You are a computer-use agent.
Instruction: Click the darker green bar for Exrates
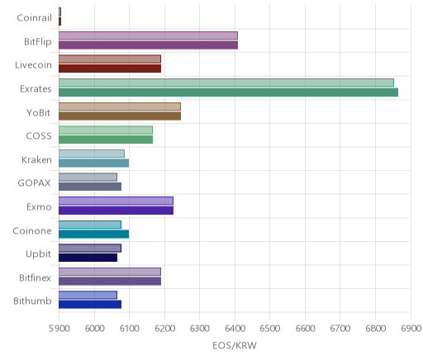tap(228, 92)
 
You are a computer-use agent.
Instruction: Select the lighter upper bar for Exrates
tap(226, 83)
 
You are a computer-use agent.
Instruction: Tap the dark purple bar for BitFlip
tap(148, 45)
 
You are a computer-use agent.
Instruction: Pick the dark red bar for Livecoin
tap(110, 69)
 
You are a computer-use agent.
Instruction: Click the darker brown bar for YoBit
tap(120, 116)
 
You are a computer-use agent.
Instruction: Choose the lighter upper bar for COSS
tap(106, 130)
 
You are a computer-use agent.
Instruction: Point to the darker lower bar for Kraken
tap(93, 163)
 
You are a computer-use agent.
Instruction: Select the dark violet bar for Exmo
tap(116, 211)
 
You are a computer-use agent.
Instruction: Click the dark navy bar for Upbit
tap(88, 258)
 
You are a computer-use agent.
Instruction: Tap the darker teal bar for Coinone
tap(93, 234)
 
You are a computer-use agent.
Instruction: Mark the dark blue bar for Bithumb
tap(90, 305)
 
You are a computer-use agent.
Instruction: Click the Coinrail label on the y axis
tap(34, 18)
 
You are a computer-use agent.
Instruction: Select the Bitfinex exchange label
tap(35, 277)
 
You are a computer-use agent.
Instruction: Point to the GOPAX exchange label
tap(34, 183)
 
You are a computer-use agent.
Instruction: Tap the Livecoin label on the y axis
tap(33, 65)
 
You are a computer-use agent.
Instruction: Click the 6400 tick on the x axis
tap(235, 329)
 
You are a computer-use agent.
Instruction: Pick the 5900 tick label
tap(59, 329)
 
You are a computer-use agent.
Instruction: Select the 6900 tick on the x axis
tap(411, 329)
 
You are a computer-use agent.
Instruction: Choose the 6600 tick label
tap(305, 329)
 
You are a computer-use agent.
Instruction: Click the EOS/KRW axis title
tap(235, 345)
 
